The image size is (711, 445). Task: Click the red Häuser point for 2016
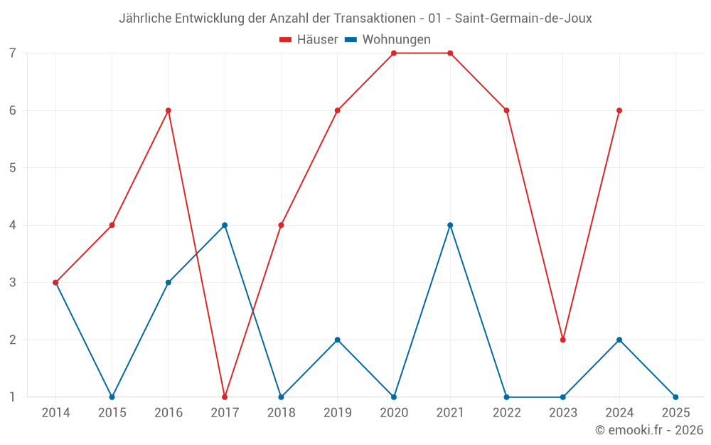click(169, 110)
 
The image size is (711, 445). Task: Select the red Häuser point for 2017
click(225, 397)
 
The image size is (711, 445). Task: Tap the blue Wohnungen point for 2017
click(225, 225)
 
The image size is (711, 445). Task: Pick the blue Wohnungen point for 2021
click(450, 225)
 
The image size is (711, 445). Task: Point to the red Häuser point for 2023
click(563, 340)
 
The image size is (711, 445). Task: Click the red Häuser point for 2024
click(619, 110)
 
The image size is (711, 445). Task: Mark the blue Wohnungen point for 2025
click(675, 397)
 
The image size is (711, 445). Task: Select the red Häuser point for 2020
click(394, 53)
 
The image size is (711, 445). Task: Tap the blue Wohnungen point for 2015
click(112, 397)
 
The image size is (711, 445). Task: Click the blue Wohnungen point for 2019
click(338, 340)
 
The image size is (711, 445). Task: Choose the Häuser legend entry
click(309, 40)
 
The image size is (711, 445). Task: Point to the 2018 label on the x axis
click(281, 413)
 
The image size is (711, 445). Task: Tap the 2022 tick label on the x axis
click(506, 413)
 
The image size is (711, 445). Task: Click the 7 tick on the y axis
click(13, 53)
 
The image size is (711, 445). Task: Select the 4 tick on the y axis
click(13, 225)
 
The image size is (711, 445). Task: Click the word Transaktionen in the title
click(368, 19)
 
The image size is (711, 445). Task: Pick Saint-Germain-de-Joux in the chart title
click(523, 19)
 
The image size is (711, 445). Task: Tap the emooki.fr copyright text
click(649, 430)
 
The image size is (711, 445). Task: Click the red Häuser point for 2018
click(281, 225)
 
